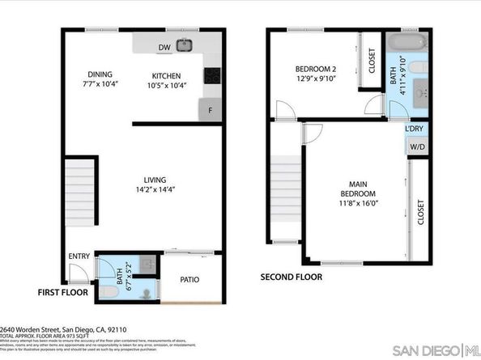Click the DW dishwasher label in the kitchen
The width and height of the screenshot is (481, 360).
click(x=165, y=47)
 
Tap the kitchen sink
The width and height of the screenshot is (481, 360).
click(x=185, y=44)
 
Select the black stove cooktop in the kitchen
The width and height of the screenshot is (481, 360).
click(x=213, y=74)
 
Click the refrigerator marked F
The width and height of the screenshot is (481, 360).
click(x=211, y=109)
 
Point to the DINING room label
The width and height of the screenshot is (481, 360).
click(x=100, y=75)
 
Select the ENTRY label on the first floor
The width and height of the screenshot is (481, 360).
click(x=79, y=256)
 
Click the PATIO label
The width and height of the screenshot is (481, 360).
click(x=190, y=280)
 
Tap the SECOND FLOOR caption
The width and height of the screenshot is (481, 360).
click(x=291, y=277)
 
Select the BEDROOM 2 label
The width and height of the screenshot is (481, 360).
click(x=315, y=70)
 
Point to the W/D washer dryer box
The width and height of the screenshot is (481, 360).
click(x=416, y=147)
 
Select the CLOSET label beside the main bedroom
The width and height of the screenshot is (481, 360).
click(x=420, y=211)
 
